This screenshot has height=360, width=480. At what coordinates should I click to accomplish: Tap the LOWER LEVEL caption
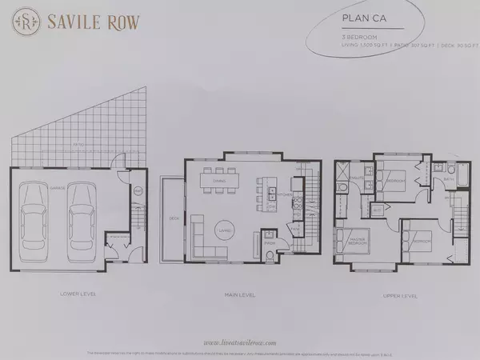[77, 294]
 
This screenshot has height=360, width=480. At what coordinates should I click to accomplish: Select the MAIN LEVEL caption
[240, 294]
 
